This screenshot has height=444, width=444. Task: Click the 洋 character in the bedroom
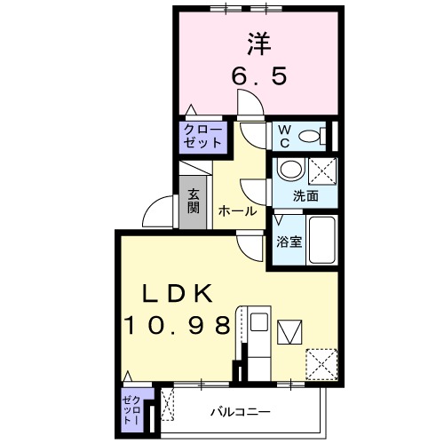[x=258, y=43]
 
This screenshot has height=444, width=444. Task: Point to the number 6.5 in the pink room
[x=259, y=77]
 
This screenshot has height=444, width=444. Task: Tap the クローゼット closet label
[x=204, y=135]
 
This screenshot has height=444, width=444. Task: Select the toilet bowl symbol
[x=311, y=137]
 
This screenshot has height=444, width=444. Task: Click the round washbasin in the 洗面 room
[x=289, y=169]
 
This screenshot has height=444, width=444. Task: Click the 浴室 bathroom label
[x=287, y=241]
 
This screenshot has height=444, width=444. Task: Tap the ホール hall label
[x=237, y=211]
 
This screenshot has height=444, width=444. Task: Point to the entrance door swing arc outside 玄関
[x=158, y=210]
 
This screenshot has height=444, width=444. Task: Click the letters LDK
[x=177, y=294]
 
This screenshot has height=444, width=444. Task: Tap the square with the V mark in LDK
[x=290, y=332]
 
